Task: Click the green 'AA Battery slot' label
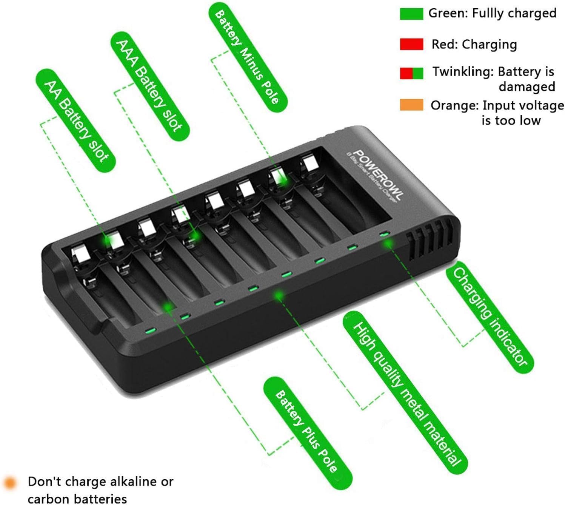(75, 120)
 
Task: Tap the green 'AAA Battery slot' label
(150, 86)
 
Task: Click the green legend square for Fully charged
(411, 14)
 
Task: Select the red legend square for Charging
(411, 44)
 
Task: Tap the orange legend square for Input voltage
(411, 105)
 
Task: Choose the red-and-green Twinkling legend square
(411, 73)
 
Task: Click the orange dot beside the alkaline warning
(10, 482)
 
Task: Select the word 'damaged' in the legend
(527, 87)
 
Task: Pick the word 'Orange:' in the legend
(454, 105)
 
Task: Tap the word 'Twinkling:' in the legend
(463, 71)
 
